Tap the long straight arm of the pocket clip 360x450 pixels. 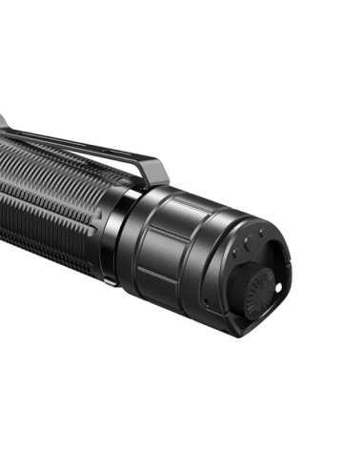[76, 145]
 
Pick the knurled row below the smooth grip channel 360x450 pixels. [48, 229]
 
